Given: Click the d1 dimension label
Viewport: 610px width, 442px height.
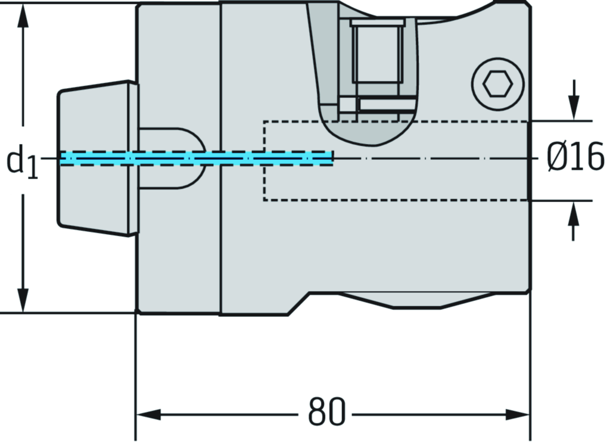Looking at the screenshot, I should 22,162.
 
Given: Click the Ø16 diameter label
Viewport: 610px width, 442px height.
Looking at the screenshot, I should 575,159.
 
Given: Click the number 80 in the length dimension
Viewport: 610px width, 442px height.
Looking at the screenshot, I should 327,412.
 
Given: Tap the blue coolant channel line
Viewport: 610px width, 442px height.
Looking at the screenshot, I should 197,158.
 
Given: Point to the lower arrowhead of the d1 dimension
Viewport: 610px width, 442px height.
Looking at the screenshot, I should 23,298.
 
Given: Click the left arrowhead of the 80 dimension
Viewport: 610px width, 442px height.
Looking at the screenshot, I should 149,413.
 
